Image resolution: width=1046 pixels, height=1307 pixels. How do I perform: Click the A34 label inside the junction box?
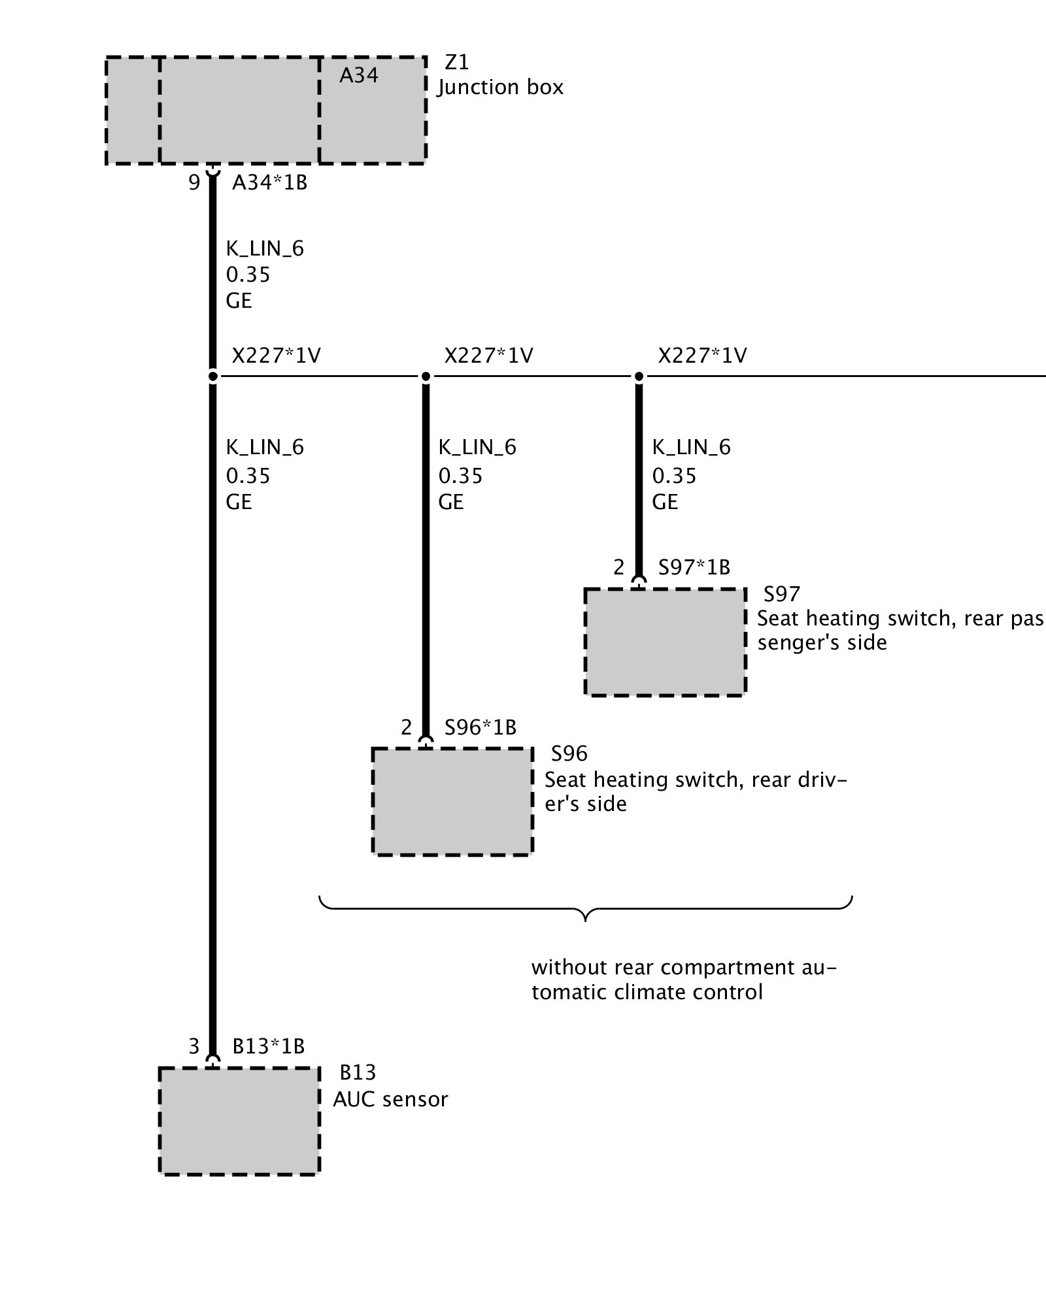point(358,76)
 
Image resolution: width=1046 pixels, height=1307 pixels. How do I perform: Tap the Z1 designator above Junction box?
point(457,63)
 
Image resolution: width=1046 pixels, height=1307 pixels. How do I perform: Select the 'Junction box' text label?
point(501,88)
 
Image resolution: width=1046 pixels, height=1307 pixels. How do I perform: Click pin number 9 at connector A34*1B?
point(194,183)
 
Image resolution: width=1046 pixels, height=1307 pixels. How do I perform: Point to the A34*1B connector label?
point(269,183)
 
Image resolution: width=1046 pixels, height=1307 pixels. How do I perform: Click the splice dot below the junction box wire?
point(212,376)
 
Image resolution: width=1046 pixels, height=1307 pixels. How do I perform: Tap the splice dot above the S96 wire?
point(426,376)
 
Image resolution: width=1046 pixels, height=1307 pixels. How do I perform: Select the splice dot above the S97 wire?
point(639,376)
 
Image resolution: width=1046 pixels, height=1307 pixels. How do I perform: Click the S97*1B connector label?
point(694,567)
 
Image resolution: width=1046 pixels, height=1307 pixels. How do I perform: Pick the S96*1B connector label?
point(481,727)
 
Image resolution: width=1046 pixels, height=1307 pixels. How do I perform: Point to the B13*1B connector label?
point(269,1046)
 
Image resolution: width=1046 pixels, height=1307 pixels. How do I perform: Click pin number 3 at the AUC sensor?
point(194,1046)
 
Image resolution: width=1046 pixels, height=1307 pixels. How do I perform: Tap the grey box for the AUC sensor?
point(239,1121)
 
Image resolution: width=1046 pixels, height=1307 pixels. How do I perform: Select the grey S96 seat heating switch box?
point(452,802)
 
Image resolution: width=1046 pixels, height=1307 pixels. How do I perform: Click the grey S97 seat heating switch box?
point(665,642)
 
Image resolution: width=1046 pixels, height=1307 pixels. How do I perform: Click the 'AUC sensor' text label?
point(390,1099)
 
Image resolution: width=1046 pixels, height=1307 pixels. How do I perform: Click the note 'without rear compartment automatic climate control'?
point(683,980)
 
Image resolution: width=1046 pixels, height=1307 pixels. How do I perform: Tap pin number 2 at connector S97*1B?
point(619,567)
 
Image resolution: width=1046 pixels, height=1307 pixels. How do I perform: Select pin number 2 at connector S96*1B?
point(407,727)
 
